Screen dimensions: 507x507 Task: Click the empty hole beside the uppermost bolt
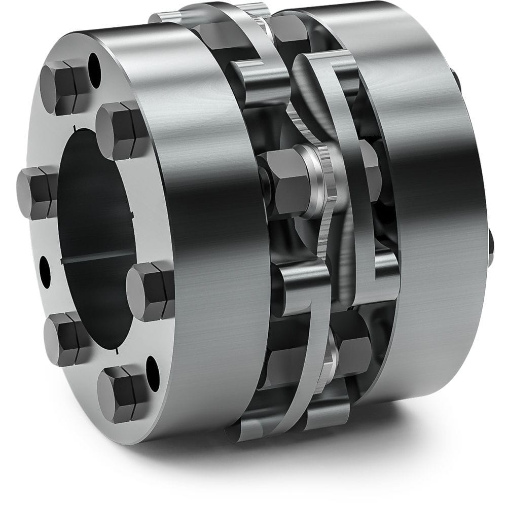point(94,63)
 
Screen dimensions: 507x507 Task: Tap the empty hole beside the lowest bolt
point(153,367)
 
